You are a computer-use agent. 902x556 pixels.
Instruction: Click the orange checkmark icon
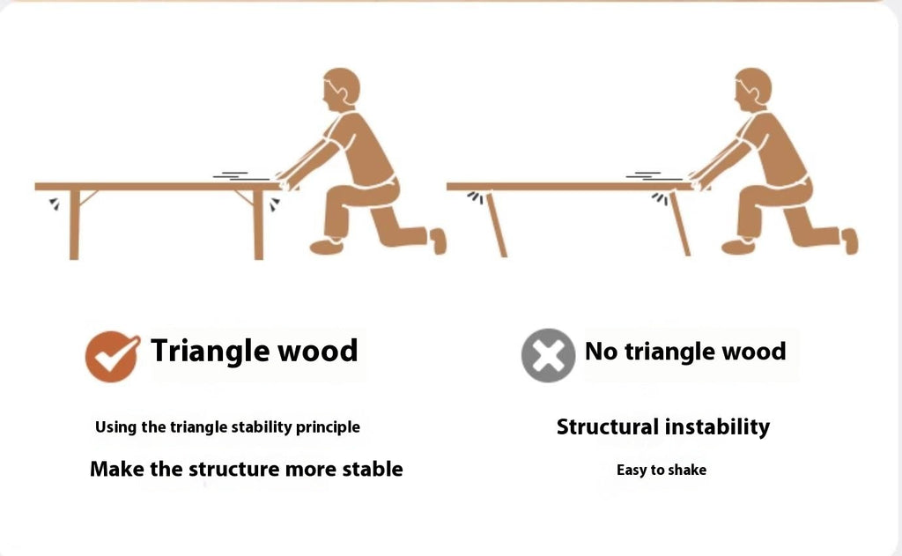point(111,356)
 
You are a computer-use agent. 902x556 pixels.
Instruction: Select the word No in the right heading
point(601,352)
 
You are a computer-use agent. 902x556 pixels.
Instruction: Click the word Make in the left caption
point(118,469)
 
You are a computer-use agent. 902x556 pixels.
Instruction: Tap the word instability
point(717,427)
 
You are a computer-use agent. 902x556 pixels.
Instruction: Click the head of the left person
point(342,88)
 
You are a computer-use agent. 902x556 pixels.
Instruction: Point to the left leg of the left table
point(74,224)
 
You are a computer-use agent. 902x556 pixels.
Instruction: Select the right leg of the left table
point(258,224)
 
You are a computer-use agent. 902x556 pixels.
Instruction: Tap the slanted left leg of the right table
point(495,224)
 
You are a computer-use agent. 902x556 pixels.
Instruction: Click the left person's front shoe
point(327,247)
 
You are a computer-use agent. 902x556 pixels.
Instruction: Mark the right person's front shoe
point(738,247)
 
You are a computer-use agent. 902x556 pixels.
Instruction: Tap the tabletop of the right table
point(564,187)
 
